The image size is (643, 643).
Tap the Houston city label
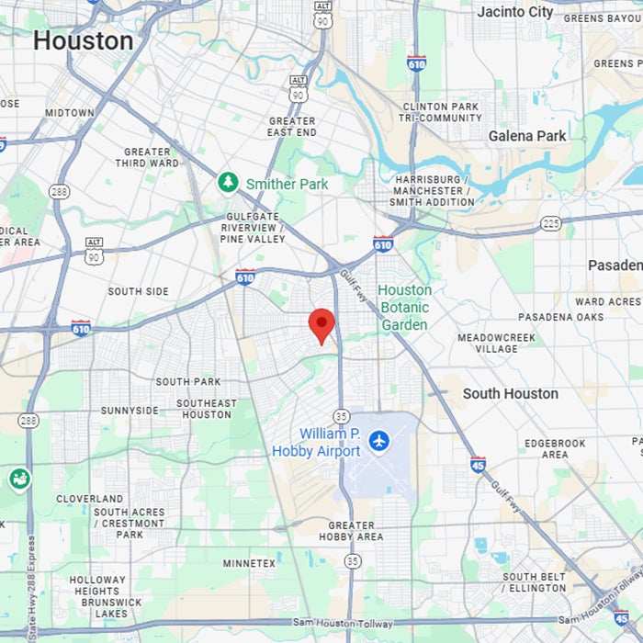pyautogui.click(x=83, y=40)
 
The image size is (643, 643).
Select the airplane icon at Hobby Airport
pyautogui.click(x=378, y=442)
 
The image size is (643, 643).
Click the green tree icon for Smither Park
pyautogui.click(x=228, y=183)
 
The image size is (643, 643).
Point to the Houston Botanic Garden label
pyautogui.click(x=404, y=308)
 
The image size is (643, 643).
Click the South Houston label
pyautogui.click(x=510, y=393)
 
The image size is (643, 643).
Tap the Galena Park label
pyautogui.click(x=527, y=136)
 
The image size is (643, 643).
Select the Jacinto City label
pyautogui.click(x=514, y=12)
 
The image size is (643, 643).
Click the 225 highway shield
pyautogui.click(x=550, y=222)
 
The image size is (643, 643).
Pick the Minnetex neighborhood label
pyautogui.click(x=248, y=562)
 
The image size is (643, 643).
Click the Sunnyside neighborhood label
pyautogui.click(x=130, y=411)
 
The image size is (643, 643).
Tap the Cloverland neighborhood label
pyautogui.click(x=89, y=499)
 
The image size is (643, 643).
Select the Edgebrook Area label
pyautogui.click(x=554, y=448)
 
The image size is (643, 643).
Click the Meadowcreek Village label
pyautogui.click(x=496, y=344)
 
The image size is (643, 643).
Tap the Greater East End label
pyautogui.click(x=292, y=127)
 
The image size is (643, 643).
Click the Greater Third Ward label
pyautogui.click(x=147, y=157)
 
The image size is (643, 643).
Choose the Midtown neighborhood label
pyautogui.click(x=70, y=113)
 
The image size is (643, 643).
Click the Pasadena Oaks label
pyautogui.click(x=561, y=317)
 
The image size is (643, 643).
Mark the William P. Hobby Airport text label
pyautogui.click(x=317, y=442)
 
